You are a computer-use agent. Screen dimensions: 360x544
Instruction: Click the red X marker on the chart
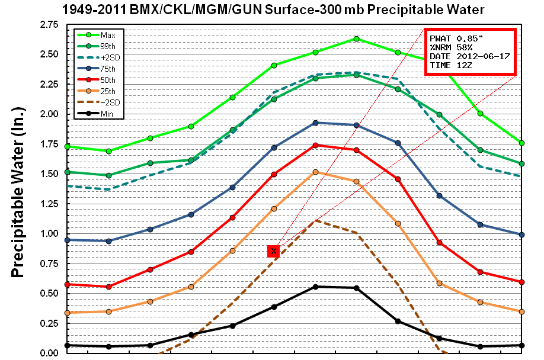(273, 251)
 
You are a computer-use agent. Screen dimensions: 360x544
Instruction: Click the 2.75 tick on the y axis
(49, 24)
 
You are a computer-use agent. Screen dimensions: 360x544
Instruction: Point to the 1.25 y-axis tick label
(49, 204)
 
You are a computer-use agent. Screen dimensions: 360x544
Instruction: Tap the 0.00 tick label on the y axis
(49, 353)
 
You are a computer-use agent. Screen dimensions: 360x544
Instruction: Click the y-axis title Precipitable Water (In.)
(19, 189)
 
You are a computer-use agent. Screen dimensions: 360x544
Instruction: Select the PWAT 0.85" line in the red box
(457, 38)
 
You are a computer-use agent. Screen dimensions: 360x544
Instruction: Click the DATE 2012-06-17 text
(469, 56)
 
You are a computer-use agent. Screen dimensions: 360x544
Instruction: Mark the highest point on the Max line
(356, 39)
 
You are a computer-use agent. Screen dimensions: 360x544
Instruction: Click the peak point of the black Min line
(315, 287)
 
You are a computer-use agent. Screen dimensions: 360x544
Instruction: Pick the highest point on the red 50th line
(315, 145)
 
